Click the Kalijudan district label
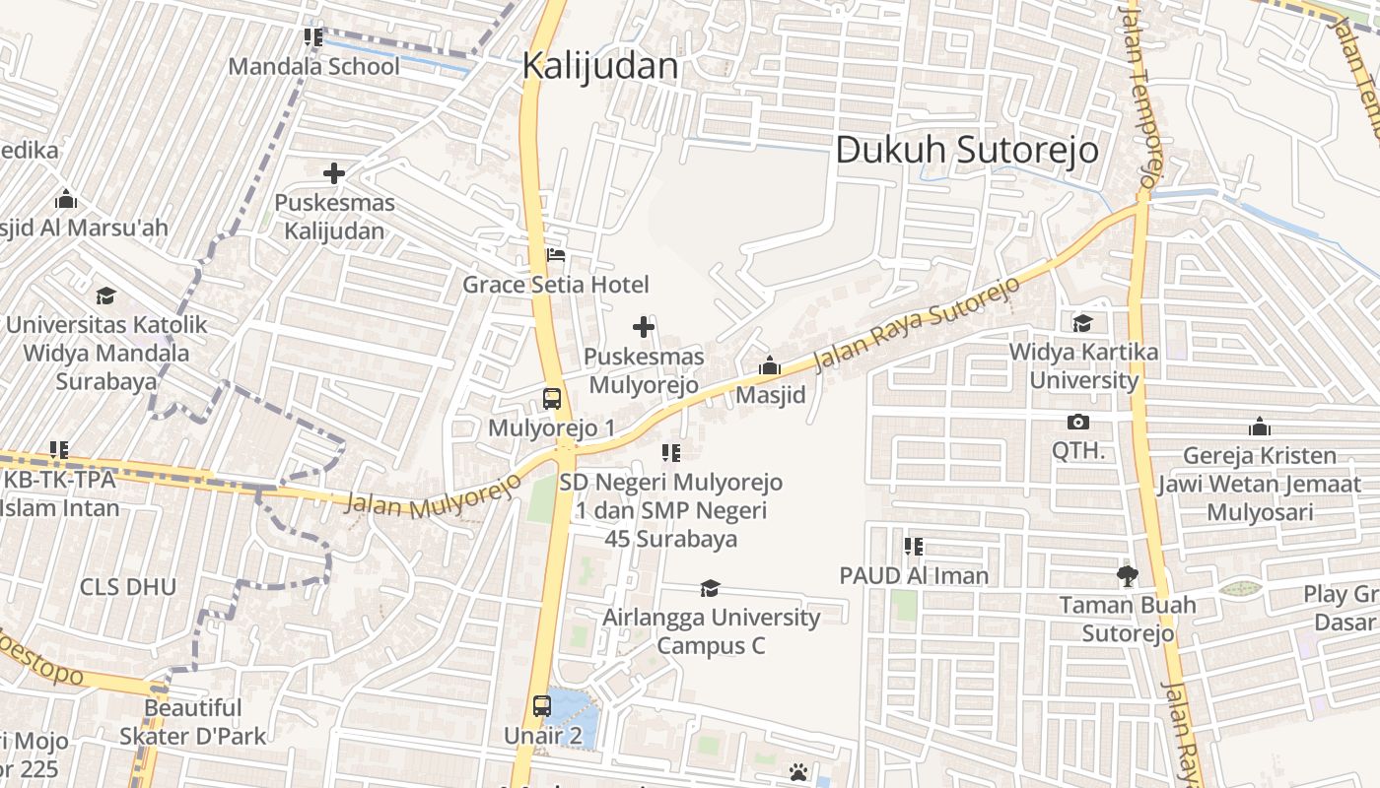[600, 66]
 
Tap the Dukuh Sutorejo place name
[967, 150]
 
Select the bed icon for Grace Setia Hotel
[556, 256]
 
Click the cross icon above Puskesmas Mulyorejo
[644, 327]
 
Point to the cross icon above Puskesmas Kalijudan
[334, 174]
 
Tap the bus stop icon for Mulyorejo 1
[552, 399]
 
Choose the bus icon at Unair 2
[542, 705]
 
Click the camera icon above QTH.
[1078, 422]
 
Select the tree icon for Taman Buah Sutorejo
[1128, 575]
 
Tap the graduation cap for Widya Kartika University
[1083, 323]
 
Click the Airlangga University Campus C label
[711, 631]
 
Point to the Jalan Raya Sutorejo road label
[917, 324]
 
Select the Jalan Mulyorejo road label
[433, 495]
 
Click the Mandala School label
[314, 66]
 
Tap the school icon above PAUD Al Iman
[914, 546]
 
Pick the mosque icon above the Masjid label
[770, 366]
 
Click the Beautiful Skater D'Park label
[193, 721]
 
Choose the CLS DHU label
[128, 587]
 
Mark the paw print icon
[798, 771]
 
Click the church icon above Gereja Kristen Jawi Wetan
[1259, 427]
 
